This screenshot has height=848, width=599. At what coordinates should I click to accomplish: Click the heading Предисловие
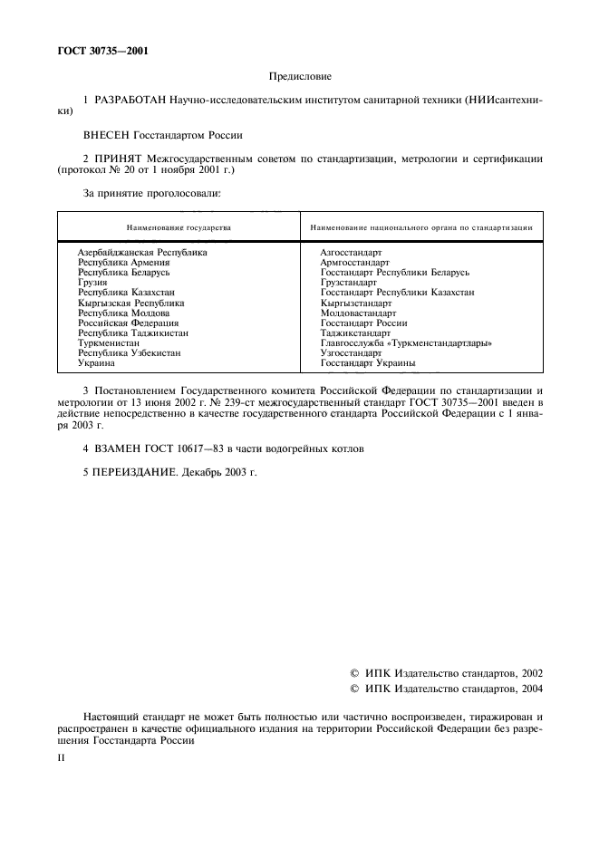pos(300,78)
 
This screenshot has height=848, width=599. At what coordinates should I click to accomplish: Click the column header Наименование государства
pos(179,226)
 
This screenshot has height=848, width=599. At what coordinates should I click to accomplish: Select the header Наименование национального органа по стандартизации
pos(421,226)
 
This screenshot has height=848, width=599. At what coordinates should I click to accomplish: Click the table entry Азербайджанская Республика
pos(142,252)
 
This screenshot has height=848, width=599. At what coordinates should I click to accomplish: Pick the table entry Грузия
pos(92,283)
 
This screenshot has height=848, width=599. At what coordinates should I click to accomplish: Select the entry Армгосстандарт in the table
pos(355,262)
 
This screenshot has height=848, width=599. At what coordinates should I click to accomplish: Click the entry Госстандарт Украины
pos(368,363)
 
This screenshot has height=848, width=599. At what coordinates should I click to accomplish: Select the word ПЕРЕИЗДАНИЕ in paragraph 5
pos(135,471)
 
